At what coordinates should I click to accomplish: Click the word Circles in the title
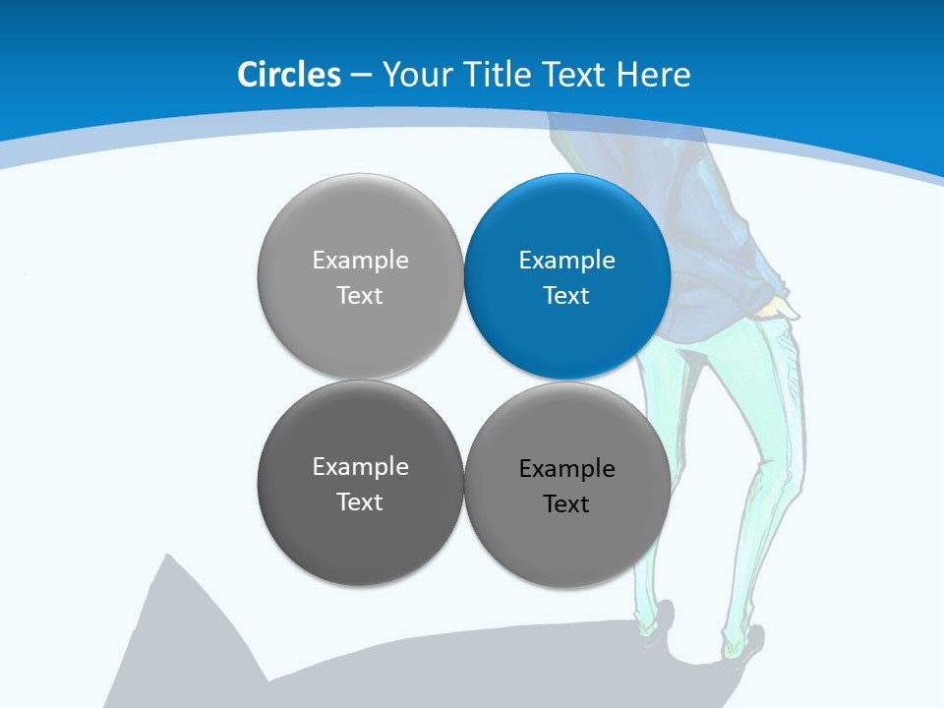click(x=289, y=75)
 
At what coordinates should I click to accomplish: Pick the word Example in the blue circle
click(x=566, y=261)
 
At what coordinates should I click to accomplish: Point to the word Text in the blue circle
click(x=566, y=296)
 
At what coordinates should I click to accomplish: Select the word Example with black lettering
click(x=566, y=469)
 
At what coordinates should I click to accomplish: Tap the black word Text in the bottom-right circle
click(x=566, y=504)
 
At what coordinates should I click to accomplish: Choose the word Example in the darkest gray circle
click(x=360, y=467)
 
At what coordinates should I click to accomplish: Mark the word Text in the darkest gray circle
click(x=360, y=502)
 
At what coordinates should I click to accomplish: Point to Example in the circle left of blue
click(x=360, y=261)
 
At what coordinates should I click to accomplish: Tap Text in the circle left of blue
click(x=360, y=296)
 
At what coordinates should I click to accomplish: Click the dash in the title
click(x=360, y=76)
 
